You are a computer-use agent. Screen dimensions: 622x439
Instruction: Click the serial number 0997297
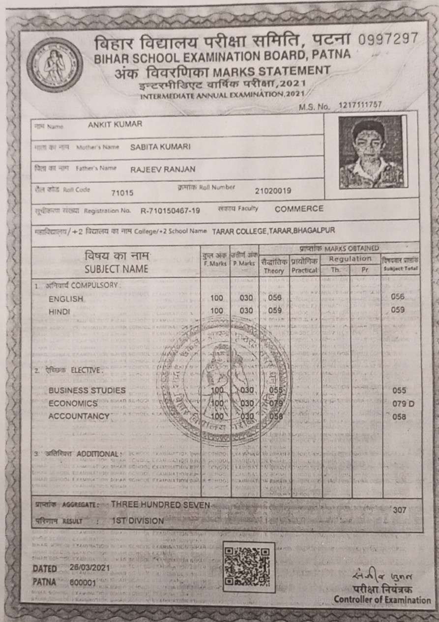coord(388,38)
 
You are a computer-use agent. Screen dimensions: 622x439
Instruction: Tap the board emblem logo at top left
coord(54,65)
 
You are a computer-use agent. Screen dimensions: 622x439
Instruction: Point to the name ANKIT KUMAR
coord(115,124)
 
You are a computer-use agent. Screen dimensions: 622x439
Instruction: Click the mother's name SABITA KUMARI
coord(160,146)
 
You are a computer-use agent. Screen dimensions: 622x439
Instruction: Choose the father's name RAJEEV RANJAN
coord(163,170)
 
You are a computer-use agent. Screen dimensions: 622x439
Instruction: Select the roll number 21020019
coord(273,191)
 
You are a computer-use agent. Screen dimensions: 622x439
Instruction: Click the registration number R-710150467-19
coord(170,211)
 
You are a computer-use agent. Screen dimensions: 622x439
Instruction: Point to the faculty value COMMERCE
coord(299,209)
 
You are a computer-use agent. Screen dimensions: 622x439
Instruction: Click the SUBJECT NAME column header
coord(116,269)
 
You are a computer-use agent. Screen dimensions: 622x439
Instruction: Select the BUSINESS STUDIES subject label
coord(87,391)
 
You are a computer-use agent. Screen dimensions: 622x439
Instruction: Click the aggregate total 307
coord(400,510)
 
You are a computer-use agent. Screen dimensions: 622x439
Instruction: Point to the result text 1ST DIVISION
coord(138,520)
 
